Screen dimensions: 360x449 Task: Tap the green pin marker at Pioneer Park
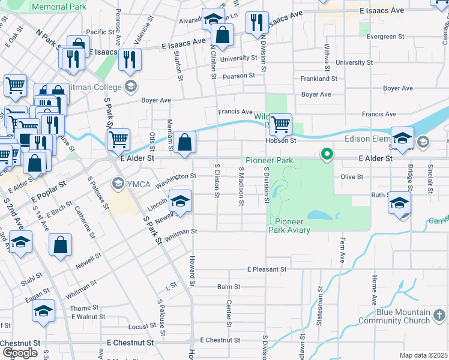point(327,155)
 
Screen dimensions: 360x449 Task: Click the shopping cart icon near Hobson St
point(280,125)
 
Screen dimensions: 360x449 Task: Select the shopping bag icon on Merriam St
point(185,143)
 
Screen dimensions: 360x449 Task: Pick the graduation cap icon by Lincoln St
point(180,202)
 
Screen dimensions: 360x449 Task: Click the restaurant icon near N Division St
point(256,23)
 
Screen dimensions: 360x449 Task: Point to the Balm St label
point(229,287)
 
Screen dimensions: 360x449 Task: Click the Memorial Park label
point(59,7)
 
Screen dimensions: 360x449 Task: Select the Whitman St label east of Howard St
point(181,231)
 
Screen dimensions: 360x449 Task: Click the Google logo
point(20,353)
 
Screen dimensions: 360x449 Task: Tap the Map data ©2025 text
point(423,355)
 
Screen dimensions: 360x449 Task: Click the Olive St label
point(352,177)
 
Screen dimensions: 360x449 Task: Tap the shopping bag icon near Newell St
point(60,245)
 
